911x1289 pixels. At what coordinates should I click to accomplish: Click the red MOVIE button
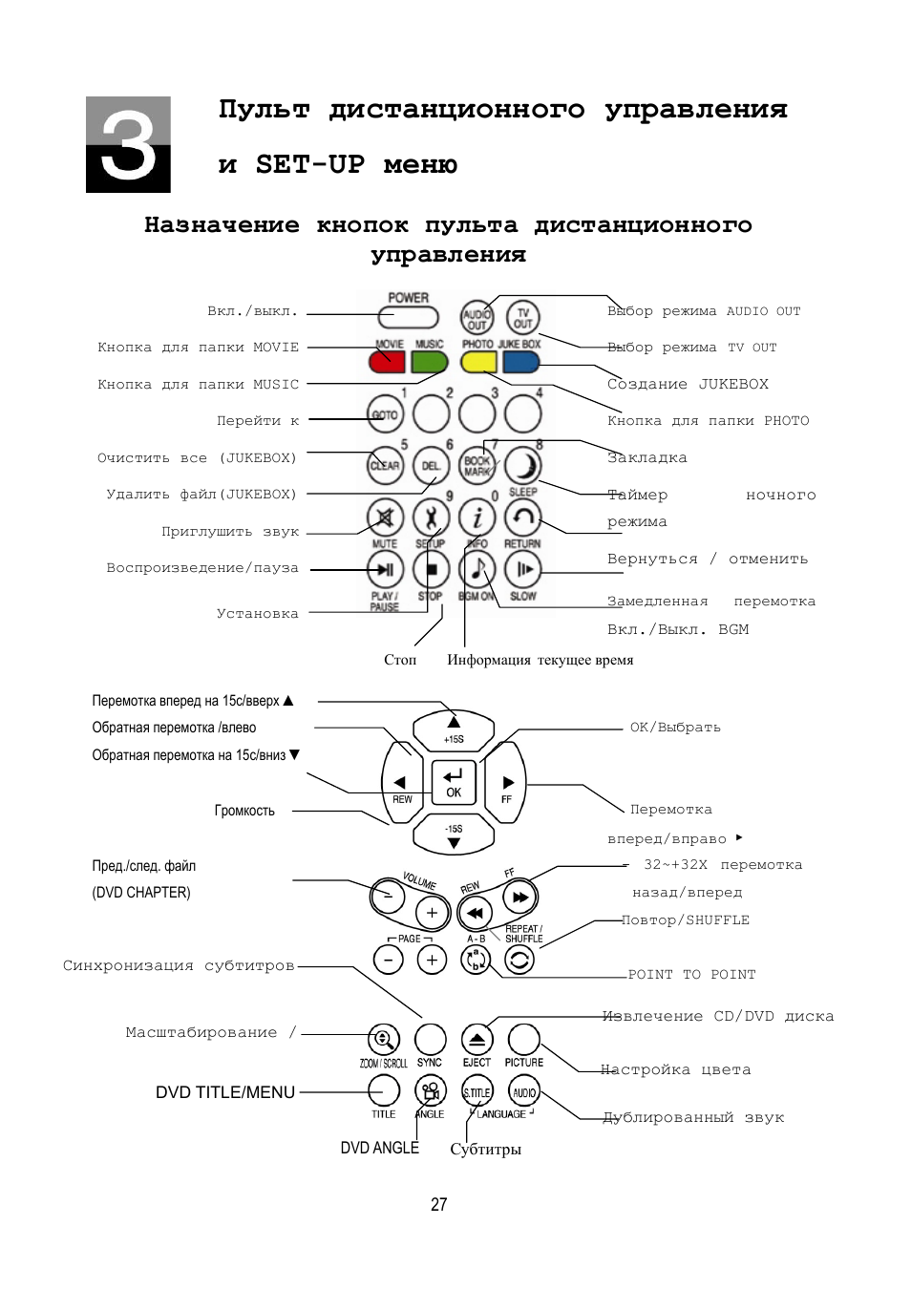tap(387, 362)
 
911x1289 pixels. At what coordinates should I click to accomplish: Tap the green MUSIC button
tap(430, 362)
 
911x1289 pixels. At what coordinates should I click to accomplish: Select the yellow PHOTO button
tap(478, 362)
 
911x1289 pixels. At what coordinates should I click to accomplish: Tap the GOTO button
tap(385, 414)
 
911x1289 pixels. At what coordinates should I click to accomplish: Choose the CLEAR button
tap(385, 466)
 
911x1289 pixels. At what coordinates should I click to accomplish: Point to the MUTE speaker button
tap(385, 518)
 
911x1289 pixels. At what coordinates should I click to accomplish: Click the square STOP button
tap(431, 570)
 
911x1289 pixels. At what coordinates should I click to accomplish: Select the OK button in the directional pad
tap(454, 781)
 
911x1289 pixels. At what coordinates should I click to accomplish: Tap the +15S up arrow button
tap(454, 729)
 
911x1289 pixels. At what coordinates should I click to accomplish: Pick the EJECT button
tap(477, 1040)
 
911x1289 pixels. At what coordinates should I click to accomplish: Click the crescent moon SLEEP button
tap(523, 466)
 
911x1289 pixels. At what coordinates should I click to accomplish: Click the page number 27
tap(439, 1204)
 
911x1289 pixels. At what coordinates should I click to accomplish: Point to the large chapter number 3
tap(128, 145)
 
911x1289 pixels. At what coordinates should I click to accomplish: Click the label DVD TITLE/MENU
tap(225, 1092)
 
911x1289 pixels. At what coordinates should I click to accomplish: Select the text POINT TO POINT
tap(691, 975)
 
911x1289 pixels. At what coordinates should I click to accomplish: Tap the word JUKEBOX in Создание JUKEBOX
tap(733, 384)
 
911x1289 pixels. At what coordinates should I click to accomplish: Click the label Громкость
tap(244, 811)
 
